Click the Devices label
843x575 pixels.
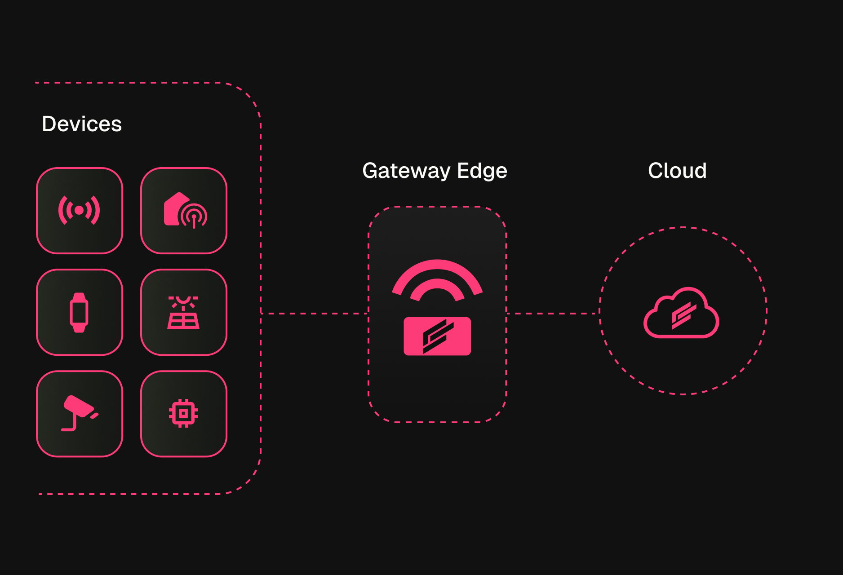[82, 124]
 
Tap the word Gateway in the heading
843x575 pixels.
[406, 171]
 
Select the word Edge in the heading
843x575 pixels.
[482, 171]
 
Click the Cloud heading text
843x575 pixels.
[677, 171]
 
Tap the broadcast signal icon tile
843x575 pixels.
[80, 211]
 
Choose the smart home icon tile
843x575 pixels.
[184, 211]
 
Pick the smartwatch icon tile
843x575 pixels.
[80, 312]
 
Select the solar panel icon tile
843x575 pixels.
[184, 312]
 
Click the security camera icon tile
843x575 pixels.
[80, 414]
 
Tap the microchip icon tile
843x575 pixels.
[184, 414]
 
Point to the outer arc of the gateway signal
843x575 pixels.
[437, 265]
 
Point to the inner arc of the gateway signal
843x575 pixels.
[437, 284]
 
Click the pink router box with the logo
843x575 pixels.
[437, 336]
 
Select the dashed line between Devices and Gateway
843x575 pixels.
[315, 314]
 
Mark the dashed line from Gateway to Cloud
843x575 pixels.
[553, 314]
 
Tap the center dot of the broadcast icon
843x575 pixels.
[79, 210]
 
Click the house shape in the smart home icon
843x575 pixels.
[173, 208]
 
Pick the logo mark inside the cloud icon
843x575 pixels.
[683, 315]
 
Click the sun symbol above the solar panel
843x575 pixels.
[183, 300]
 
